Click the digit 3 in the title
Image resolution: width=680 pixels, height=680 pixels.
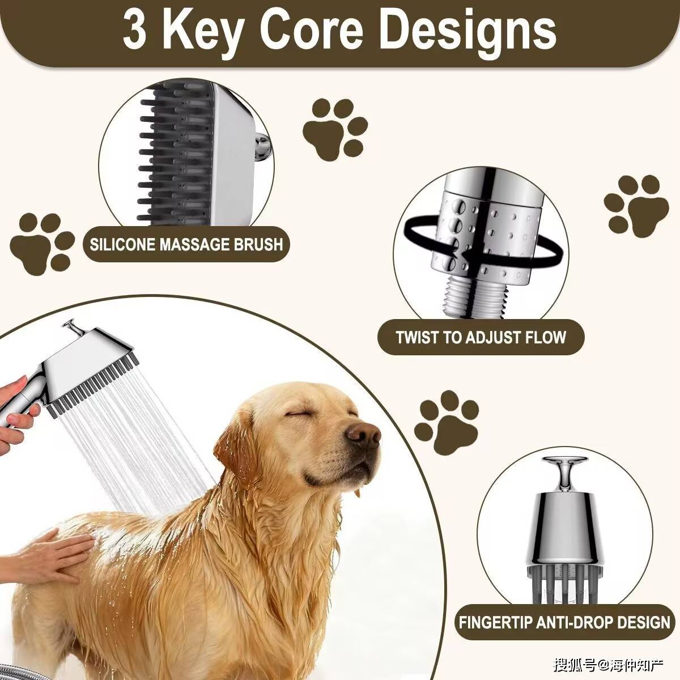click(135, 30)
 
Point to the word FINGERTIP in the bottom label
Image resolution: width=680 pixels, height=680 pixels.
click(496, 622)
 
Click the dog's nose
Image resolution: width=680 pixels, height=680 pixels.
click(363, 435)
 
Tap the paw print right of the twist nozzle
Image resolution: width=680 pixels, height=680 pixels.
click(636, 206)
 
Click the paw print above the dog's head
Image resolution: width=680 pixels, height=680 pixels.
click(447, 422)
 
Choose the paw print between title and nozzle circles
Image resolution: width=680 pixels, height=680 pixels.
click(335, 128)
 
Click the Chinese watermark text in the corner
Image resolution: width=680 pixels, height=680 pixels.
click(608, 665)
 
